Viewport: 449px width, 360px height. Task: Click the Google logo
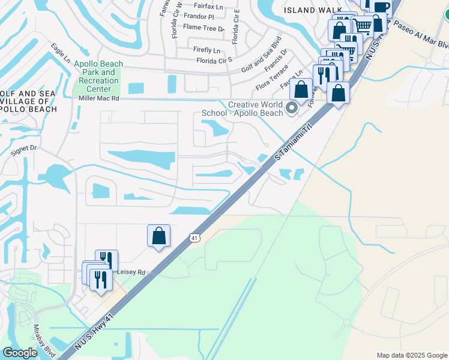pyautogui.click(x=20, y=353)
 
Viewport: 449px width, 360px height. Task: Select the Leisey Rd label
pyautogui.click(x=133, y=272)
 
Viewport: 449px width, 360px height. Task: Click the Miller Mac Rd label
pyautogui.click(x=99, y=98)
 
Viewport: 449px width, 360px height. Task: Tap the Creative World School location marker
pyautogui.click(x=292, y=109)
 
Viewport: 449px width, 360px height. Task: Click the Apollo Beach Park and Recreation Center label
pyautogui.click(x=98, y=77)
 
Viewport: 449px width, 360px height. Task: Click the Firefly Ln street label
pyautogui.click(x=207, y=50)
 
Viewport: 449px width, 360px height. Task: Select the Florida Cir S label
pyautogui.click(x=214, y=61)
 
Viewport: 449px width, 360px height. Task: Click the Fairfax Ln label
pyautogui.click(x=208, y=7)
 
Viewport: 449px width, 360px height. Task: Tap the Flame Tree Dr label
pyautogui.click(x=203, y=28)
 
